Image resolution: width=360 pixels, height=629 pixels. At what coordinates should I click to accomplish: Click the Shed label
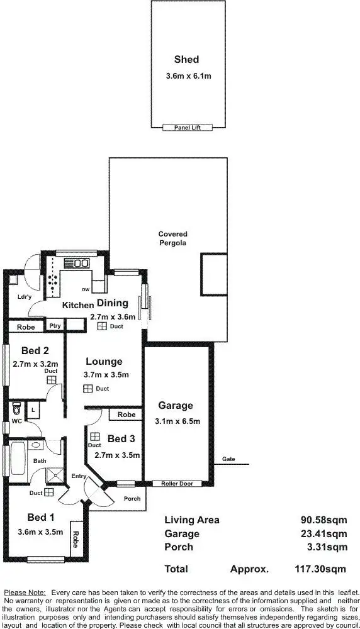(186, 60)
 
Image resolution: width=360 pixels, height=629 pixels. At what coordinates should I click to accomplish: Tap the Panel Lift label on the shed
(186, 127)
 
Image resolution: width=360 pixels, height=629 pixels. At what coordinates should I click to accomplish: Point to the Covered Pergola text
(172, 238)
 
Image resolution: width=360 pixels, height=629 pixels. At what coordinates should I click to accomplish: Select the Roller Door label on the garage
(176, 484)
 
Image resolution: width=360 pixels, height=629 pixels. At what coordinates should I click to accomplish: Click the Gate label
(228, 459)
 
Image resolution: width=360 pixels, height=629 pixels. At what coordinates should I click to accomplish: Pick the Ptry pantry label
(55, 326)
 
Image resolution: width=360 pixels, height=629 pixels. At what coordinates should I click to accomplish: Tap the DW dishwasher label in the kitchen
(86, 290)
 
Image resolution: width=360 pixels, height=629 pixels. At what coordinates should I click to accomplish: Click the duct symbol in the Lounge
(87, 389)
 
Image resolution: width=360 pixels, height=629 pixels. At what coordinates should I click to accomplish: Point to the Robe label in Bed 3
(126, 415)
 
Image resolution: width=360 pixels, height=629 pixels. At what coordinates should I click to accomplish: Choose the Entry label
(78, 476)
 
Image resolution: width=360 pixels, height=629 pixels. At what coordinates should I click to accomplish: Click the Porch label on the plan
(132, 499)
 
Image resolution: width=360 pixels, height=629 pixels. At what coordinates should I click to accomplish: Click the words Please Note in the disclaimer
(24, 593)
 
